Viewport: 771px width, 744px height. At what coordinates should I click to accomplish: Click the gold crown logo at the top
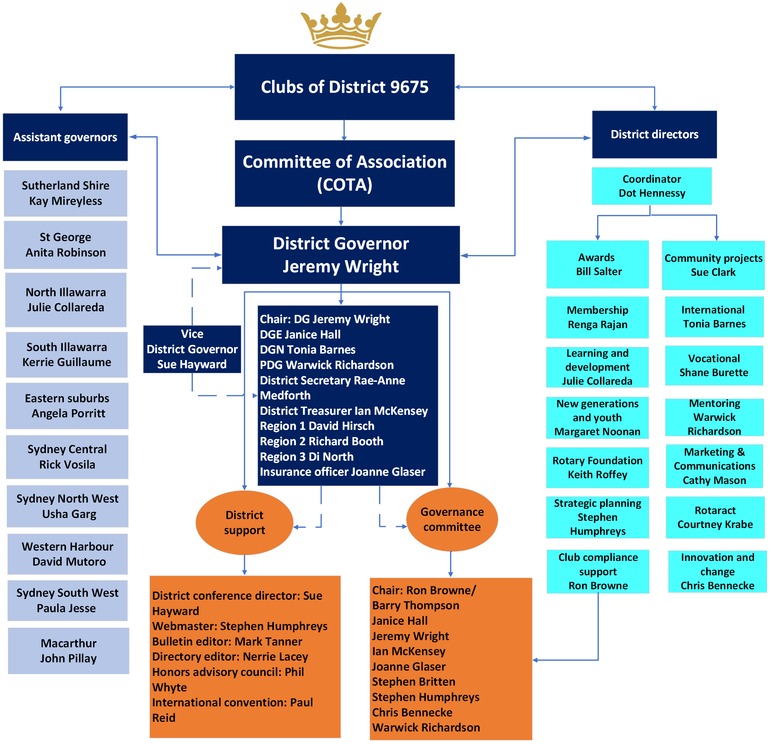341,25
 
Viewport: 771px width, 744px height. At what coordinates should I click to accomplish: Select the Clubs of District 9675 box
344,87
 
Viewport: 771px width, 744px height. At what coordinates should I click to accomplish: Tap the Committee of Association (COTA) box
344,173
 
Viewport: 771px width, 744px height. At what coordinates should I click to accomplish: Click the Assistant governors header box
65,137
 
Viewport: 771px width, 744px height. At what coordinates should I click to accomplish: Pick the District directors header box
654,134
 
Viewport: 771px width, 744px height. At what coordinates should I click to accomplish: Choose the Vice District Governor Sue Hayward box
192,349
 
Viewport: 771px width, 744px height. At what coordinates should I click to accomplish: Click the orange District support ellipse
244,522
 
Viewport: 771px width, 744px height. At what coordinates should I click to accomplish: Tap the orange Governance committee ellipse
452,519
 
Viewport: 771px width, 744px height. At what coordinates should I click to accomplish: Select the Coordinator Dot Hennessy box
652,186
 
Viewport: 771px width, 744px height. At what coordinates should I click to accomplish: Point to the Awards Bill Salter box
597,264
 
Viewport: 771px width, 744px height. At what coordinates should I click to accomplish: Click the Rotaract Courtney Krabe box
715,517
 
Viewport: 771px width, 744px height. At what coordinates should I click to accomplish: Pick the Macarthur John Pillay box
68,651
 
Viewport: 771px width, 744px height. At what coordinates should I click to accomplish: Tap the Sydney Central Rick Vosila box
67,457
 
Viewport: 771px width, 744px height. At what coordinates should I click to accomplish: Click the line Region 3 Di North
306,457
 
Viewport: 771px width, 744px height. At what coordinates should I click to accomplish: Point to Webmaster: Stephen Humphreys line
239,626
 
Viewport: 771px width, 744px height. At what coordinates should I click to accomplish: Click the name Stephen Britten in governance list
413,682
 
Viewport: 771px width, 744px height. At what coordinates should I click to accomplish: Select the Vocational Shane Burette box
714,365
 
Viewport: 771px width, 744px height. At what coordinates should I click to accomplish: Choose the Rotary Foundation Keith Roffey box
597,467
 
